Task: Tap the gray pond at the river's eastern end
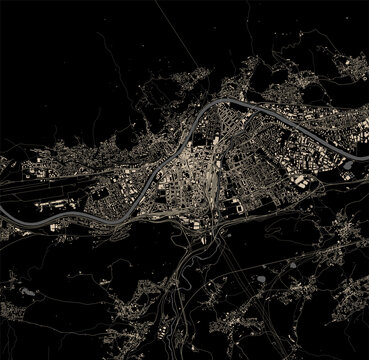(363, 150)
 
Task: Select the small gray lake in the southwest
(27, 293)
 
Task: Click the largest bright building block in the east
(300, 180)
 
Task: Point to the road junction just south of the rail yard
(200, 222)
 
